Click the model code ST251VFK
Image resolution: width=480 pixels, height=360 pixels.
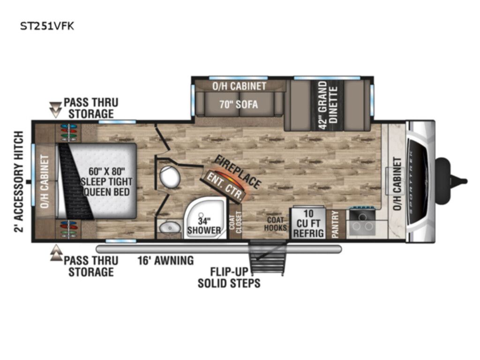pyautogui.click(x=47, y=26)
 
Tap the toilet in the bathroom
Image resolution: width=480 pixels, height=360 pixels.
pyautogui.click(x=170, y=177)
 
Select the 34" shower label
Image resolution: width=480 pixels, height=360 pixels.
pyautogui.click(x=204, y=225)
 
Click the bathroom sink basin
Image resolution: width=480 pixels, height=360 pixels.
pyautogui.click(x=170, y=227)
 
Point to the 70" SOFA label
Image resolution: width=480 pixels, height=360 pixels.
pyautogui.click(x=239, y=105)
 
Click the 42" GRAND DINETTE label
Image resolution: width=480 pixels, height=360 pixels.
pyautogui.click(x=328, y=105)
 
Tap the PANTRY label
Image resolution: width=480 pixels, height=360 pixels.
pyautogui.click(x=335, y=225)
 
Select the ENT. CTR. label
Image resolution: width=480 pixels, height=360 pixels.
pyautogui.click(x=226, y=186)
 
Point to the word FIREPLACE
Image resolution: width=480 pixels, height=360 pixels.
pyautogui.click(x=238, y=172)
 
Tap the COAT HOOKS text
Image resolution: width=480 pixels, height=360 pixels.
pyautogui.click(x=276, y=224)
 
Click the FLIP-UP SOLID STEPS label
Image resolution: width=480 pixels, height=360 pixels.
pyautogui.click(x=229, y=277)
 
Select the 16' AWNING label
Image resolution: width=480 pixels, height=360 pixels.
pyautogui.click(x=165, y=261)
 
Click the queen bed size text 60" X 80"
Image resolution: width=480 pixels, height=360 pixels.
pyautogui.click(x=107, y=171)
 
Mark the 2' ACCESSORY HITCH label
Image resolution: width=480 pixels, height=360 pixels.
pyautogui.click(x=19, y=181)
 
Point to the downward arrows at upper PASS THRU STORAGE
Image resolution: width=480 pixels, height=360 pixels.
pyautogui.click(x=55, y=110)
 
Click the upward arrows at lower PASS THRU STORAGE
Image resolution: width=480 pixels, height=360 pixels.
pyautogui.click(x=56, y=253)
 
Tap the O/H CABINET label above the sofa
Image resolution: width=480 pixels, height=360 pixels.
pyautogui.click(x=240, y=86)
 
